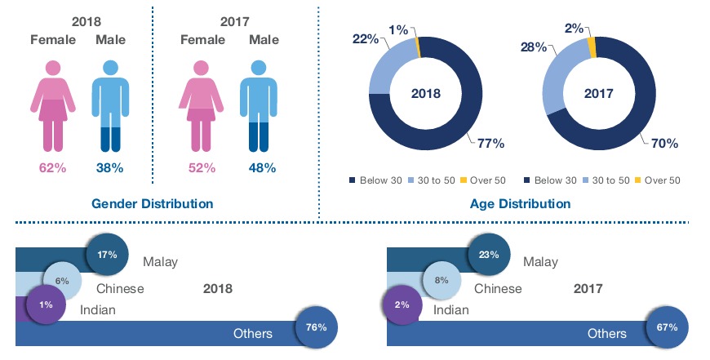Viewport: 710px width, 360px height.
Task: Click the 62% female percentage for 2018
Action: [52, 168]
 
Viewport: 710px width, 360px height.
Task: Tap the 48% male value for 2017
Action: [262, 168]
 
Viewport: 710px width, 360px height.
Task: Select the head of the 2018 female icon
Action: [52, 68]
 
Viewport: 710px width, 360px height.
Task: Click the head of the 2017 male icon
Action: [259, 68]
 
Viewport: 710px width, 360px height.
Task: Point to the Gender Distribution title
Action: [152, 204]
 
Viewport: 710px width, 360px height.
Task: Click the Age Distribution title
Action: [521, 204]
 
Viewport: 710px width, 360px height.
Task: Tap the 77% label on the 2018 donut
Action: [490, 143]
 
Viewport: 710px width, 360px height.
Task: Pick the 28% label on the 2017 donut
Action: [534, 47]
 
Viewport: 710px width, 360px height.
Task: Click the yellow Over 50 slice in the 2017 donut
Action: [592, 47]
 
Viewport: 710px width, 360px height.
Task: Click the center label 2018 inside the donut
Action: [426, 93]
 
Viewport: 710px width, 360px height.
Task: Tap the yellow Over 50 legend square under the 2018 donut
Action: [464, 180]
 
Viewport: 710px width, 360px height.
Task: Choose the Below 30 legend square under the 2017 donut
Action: [526, 180]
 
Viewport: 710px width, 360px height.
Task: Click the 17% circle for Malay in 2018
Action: [107, 255]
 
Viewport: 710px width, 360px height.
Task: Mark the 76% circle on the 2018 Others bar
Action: [317, 327]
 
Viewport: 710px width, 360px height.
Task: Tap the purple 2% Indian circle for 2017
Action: [402, 304]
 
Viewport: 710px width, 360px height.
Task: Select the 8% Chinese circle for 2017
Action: [442, 280]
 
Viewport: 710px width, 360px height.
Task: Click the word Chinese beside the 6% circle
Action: [120, 288]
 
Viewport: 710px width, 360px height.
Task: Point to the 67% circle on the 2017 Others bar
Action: [668, 327]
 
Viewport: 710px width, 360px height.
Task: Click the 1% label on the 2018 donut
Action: [398, 30]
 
